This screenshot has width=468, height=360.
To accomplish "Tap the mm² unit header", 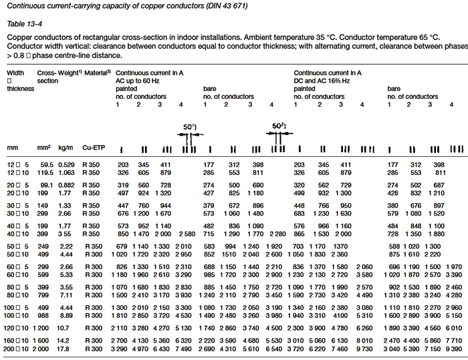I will click(x=45, y=146).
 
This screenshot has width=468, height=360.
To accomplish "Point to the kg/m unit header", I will click(x=66, y=146).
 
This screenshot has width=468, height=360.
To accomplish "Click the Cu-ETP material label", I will click(x=92, y=146).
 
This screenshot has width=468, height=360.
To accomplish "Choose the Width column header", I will click(x=15, y=71).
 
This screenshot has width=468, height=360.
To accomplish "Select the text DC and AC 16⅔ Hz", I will click(x=324, y=79).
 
